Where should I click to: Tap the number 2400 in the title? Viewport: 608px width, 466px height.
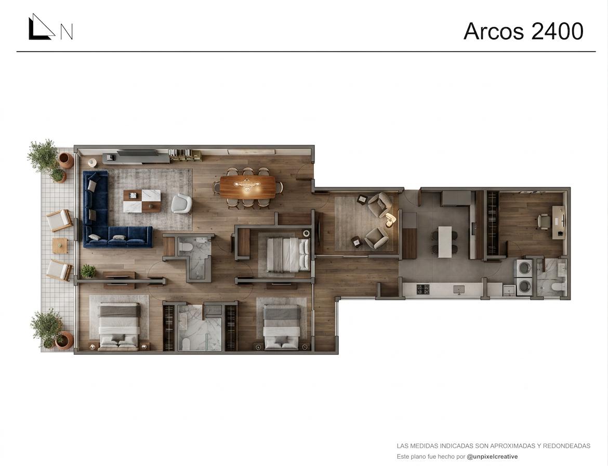click(x=557, y=31)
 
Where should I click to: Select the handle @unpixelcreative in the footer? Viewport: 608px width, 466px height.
click(x=492, y=457)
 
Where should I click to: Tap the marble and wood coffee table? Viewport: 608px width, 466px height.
click(x=142, y=201)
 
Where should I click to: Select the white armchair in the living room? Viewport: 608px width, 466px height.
click(x=181, y=204)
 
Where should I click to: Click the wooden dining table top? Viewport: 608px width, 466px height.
click(x=247, y=186)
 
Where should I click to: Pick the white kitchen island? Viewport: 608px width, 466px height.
click(x=445, y=242)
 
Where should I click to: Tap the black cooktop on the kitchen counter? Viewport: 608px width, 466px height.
click(x=422, y=289)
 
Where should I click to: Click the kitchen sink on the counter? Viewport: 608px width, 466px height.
click(x=459, y=289)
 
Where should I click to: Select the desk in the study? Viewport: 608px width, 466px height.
click(x=559, y=222)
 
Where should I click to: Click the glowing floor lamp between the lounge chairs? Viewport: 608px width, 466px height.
click(x=390, y=219)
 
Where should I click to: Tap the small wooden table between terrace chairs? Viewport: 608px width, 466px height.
click(x=60, y=245)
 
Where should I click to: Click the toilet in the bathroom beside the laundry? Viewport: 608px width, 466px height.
click(x=558, y=287)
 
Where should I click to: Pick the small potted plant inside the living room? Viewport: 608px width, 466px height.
click(x=88, y=271)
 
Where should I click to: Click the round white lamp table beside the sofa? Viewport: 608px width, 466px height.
click(x=91, y=162)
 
